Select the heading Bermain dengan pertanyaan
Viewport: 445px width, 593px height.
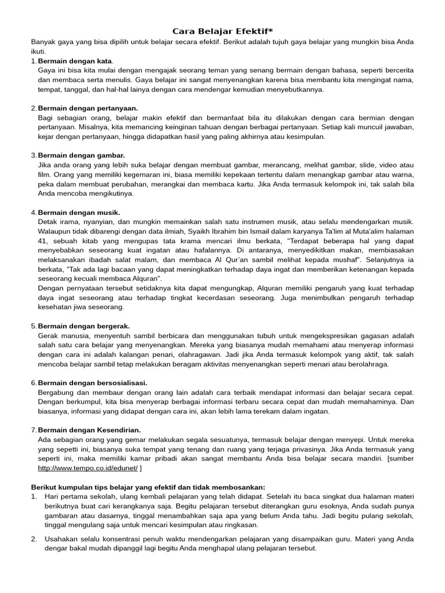coord(87,108)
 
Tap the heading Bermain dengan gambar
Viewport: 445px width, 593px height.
coord(81,155)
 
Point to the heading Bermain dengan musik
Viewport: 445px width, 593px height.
coord(79,212)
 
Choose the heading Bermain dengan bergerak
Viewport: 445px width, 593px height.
coord(83,326)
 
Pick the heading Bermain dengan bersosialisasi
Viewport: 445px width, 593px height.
coord(92,383)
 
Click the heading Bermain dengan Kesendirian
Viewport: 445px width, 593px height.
coord(89,430)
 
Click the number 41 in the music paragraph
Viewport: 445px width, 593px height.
coord(42,240)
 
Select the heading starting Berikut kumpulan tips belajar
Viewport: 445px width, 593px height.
coord(148,487)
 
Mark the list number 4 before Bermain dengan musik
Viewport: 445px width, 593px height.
coord(33,212)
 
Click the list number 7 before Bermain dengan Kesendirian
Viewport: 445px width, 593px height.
coord(33,430)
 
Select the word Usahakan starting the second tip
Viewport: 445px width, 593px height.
coord(61,539)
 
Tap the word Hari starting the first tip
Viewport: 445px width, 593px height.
coord(52,496)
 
